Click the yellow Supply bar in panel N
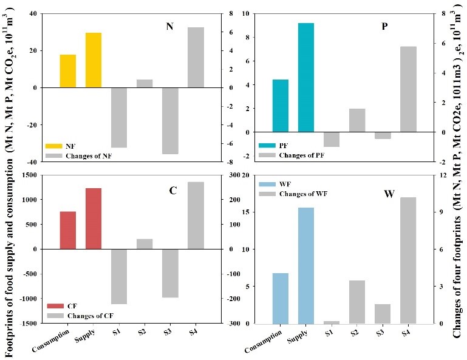[x=93, y=60]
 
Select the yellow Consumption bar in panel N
[x=67, y=71]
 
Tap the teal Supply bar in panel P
[x=305, y=78]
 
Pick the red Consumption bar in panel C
[x=67, y=230]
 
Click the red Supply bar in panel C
[x=93, y=219]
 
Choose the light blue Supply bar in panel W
[x=305, y=265]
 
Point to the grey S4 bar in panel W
[x=407, y=260]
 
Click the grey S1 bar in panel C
[x=118, y=276]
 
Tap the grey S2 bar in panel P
[x=356, y=120]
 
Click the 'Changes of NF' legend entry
[x=80, y=156]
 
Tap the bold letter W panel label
[x=389, y=194]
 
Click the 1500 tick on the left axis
[x=27, y=175]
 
